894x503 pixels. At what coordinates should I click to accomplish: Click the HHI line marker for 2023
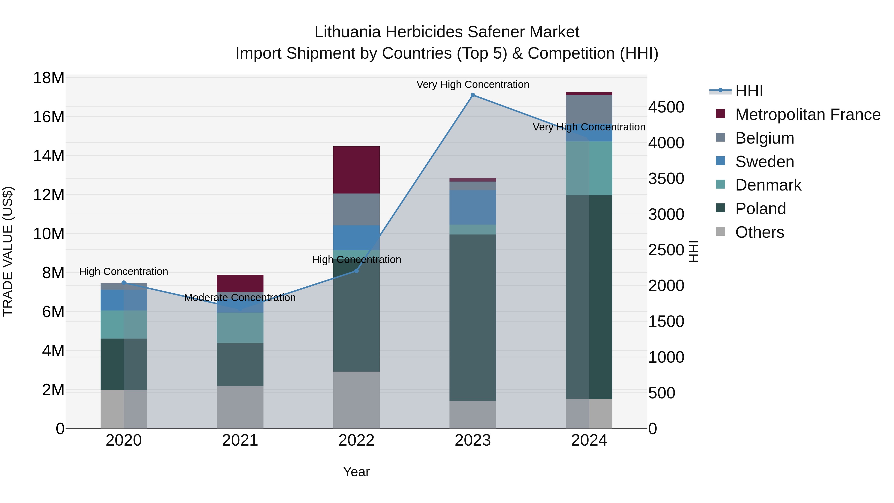pyautogui.click(x=473, y=95)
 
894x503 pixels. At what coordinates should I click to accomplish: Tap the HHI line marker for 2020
pyautogui.click(x=124, y=283)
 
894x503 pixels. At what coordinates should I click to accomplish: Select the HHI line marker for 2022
pyautogui.click(x=356, y=271)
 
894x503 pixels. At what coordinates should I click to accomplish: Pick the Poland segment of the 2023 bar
pyautogui.click(x=473, y=318)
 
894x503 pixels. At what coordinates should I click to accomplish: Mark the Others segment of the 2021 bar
pyautogui.click(x=240, y=407)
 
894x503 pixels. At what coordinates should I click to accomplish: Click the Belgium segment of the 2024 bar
pyautogui.click(x=589, y=109)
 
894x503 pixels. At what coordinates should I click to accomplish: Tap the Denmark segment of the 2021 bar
pyautogui.click(x=240, y=328)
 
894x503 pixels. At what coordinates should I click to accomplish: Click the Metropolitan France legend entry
pyautogui.click(x=807, y=115)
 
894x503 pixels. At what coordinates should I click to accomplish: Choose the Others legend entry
pyautogui.click(x=759, y=232)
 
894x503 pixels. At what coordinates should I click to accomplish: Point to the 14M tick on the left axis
pyautogui.click(x=49, y=156)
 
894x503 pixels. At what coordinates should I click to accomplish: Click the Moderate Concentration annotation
pyautogui.click(x=240, y=298)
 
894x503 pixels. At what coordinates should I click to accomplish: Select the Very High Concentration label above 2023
pyautogui.click(x=473, y=85)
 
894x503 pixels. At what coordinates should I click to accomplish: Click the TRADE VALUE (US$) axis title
pyautogui.click(x=8, y=251)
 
